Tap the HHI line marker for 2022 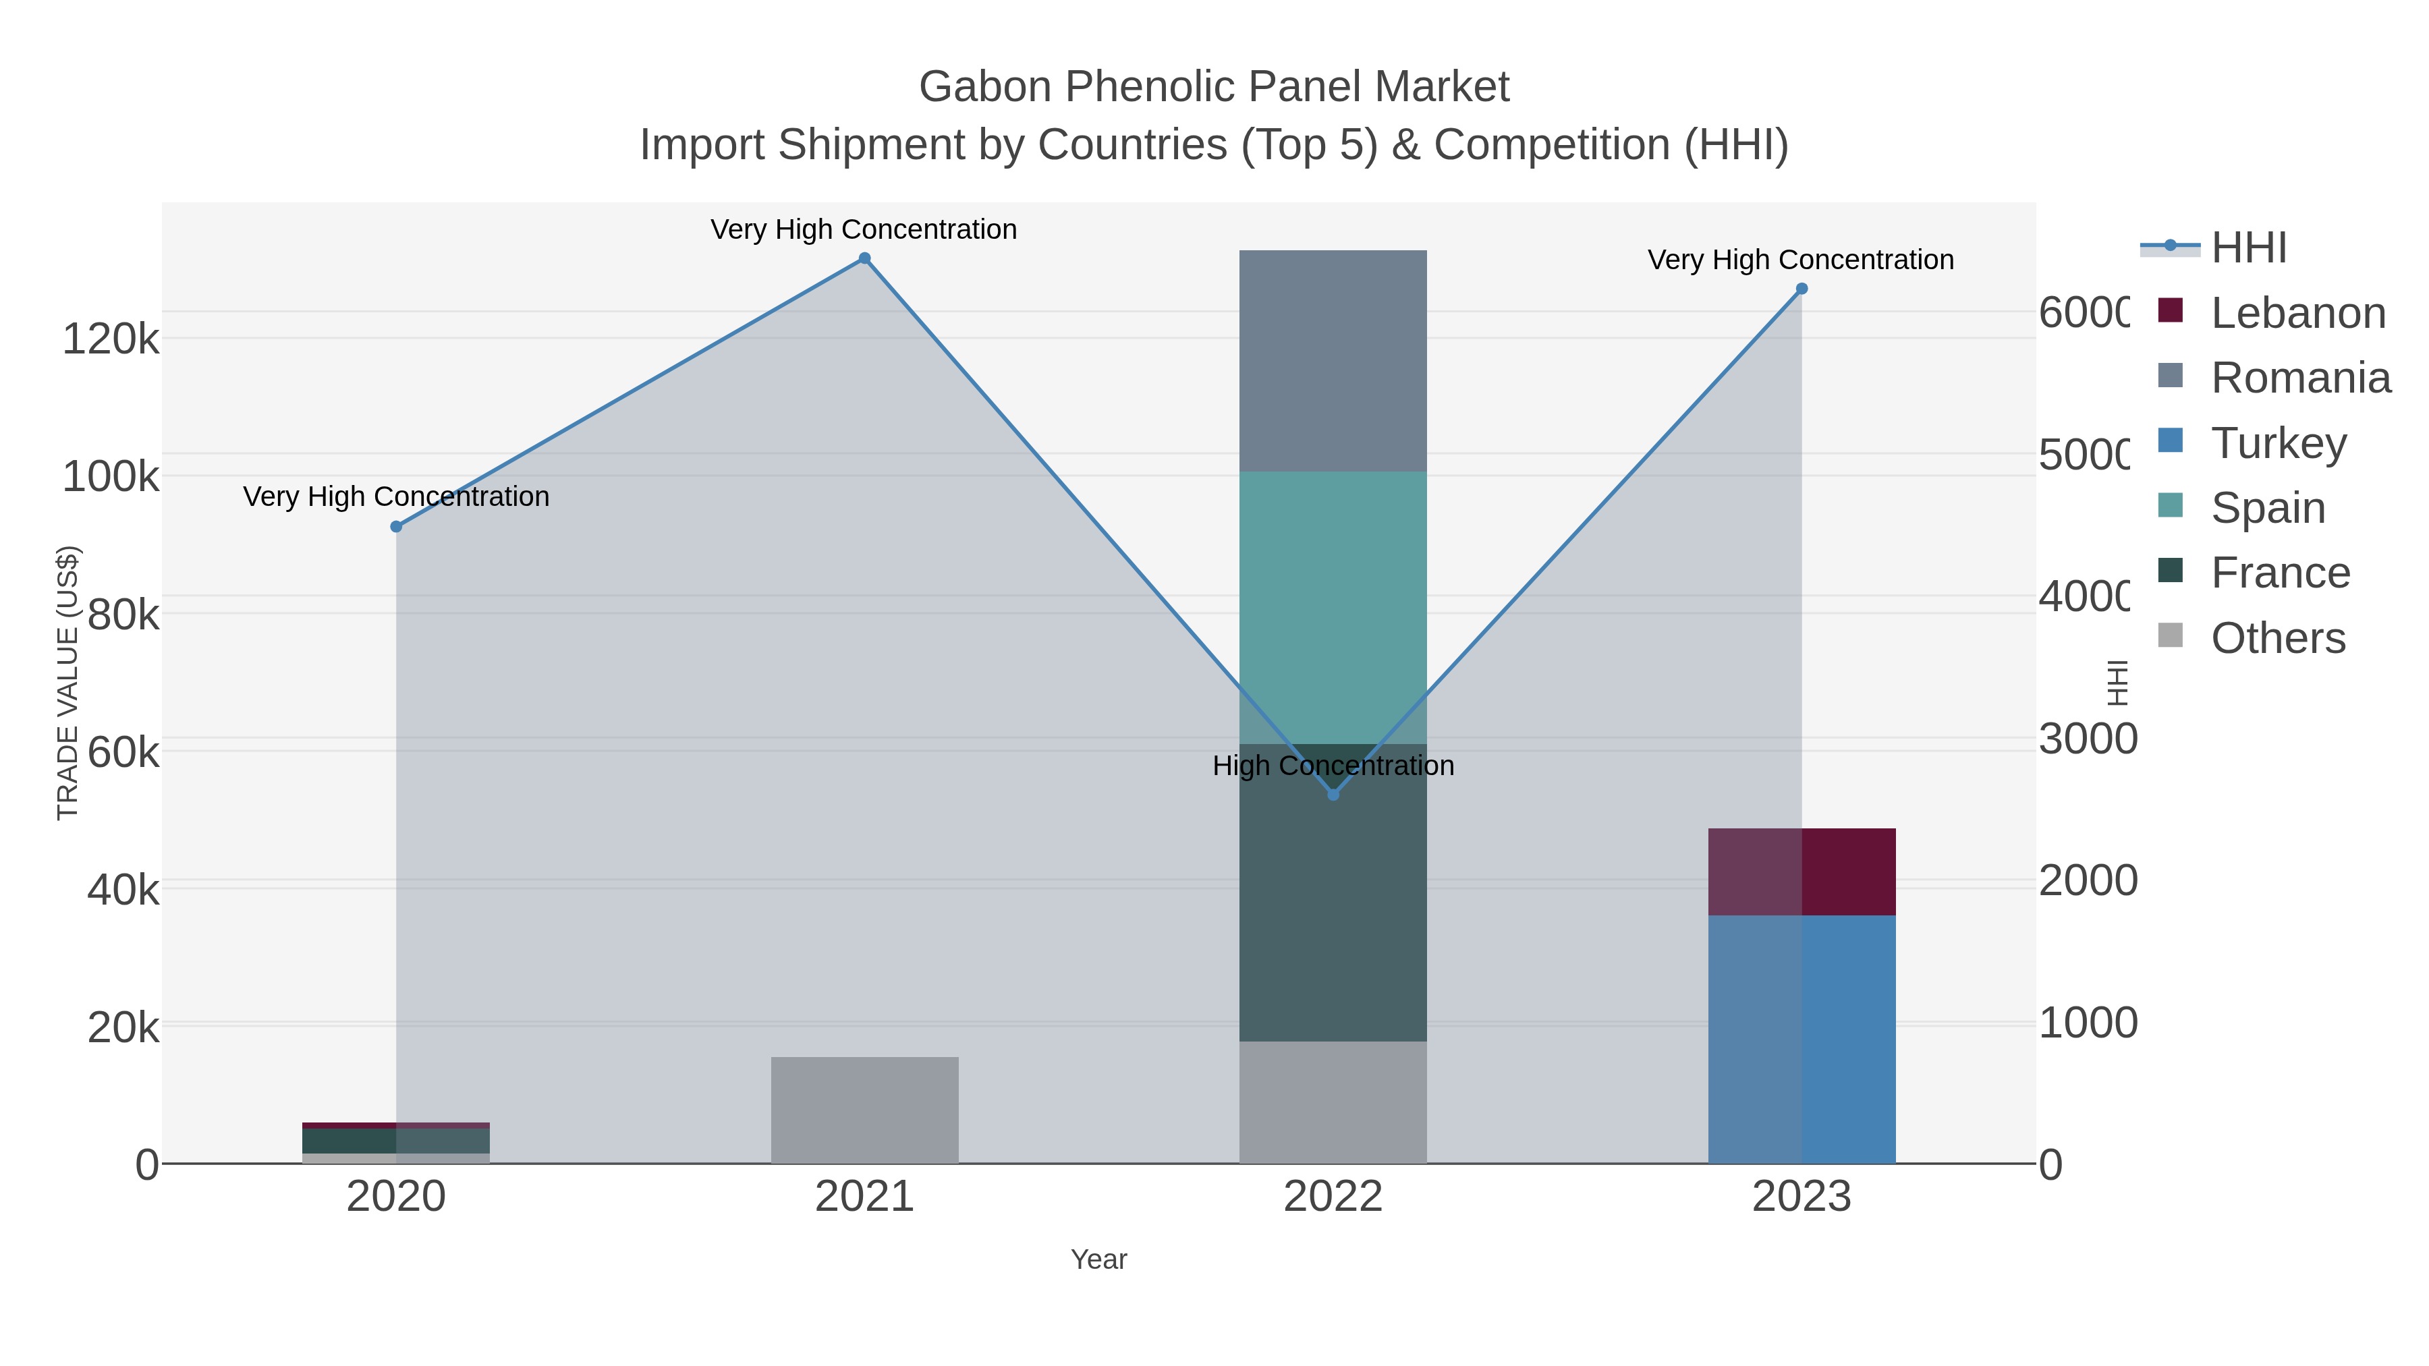1333,795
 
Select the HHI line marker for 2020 396,527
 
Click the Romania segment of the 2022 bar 1333,361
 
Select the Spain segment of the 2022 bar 1333,607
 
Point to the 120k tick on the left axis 111,339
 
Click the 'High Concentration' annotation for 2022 1333,766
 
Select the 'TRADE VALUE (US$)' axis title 68,683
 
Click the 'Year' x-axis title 1098,1259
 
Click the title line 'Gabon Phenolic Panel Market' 1214,87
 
